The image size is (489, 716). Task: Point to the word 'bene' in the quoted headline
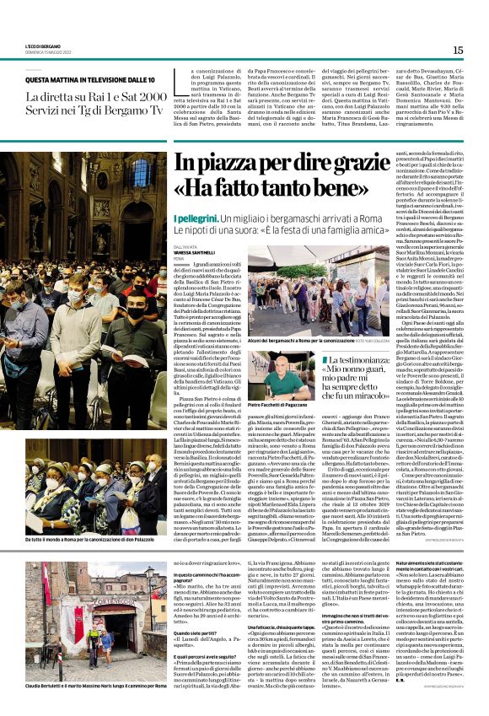[314, 191]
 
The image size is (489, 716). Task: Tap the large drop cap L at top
[179, 83]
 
